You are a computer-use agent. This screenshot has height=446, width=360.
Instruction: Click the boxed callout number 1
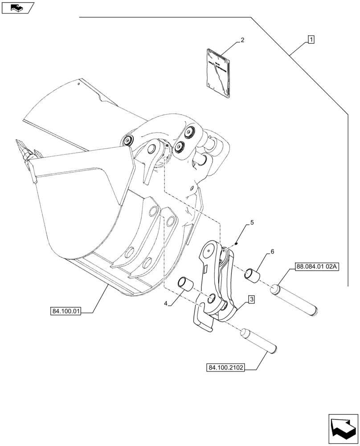(x=311, y=40)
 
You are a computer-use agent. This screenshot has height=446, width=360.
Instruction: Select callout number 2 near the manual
(x=242, y=40)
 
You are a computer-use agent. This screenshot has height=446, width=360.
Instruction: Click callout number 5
(x=252, y=222)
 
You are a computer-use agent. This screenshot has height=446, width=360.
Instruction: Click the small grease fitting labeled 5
(x=237, y=244)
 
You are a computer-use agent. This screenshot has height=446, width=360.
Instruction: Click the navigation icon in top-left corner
(x=17, y=7)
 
